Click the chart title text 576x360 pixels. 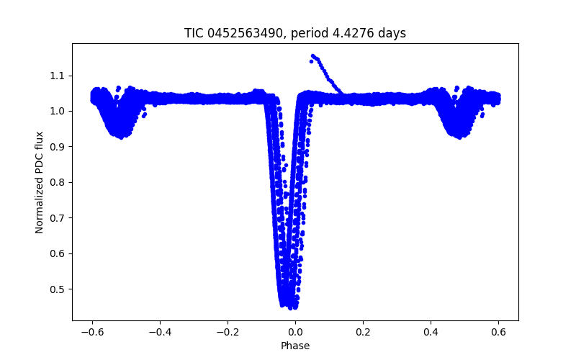coord(295,33)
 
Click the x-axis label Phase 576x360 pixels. coord(295,346)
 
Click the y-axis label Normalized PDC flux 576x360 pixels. coord(40,182)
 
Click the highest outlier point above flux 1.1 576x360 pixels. coord(313,55)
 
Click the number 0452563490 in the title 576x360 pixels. coord(246,33)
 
